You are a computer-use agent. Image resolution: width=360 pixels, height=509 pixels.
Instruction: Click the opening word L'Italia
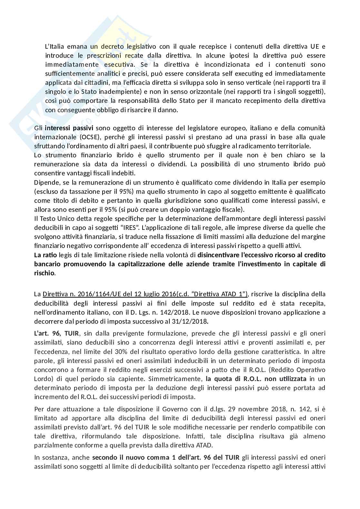point(54,46)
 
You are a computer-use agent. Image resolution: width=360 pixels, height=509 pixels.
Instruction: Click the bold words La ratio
point(45,255)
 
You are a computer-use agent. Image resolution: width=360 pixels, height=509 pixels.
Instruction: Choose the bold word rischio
point(44,273)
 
